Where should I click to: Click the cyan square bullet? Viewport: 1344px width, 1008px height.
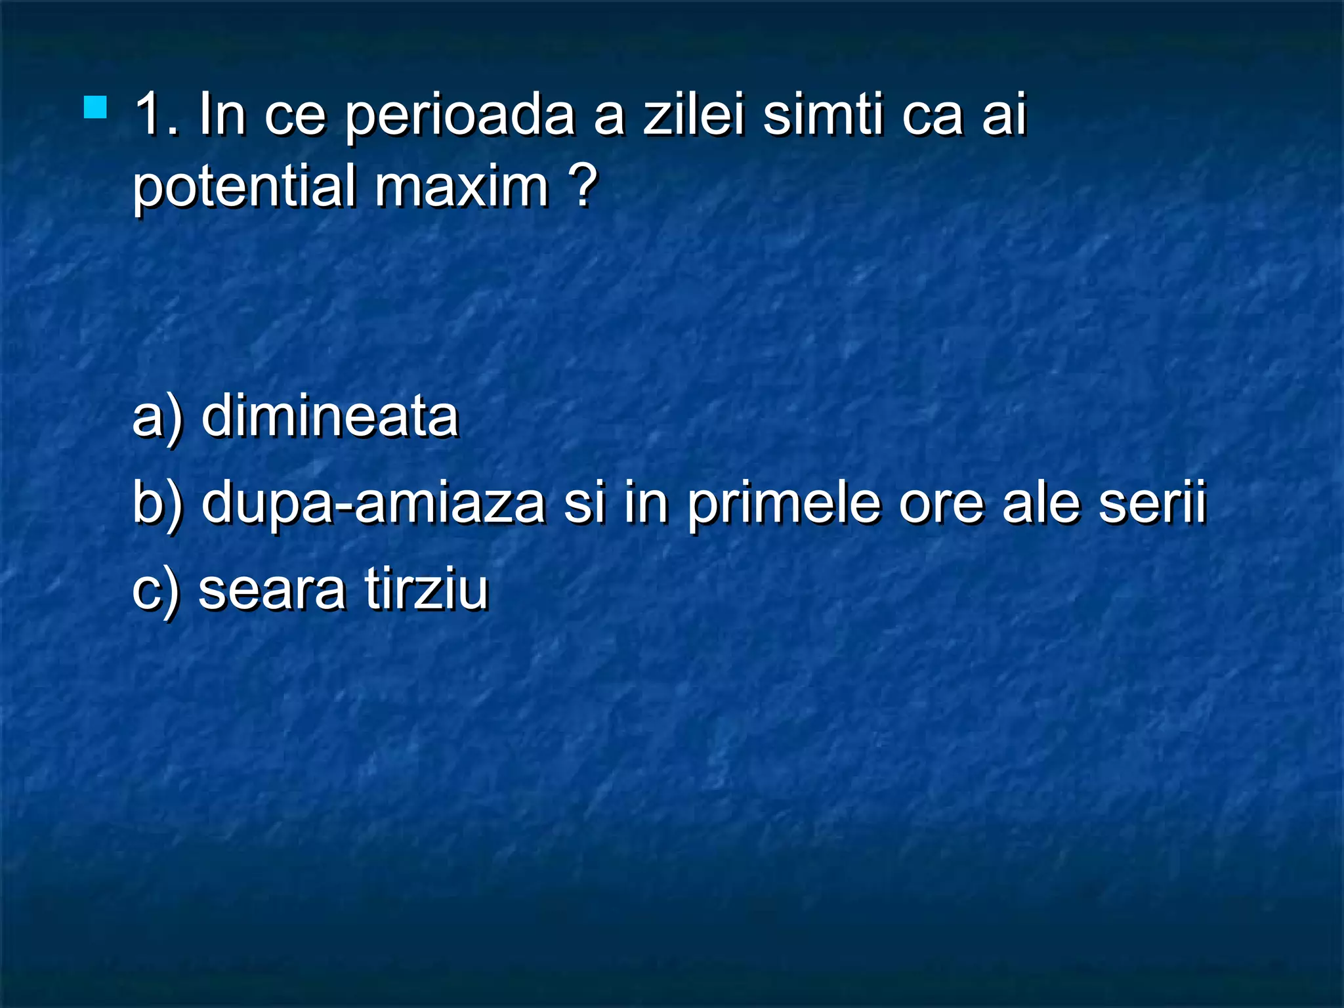(95, 108)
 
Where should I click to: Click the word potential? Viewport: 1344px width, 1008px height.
(242, 188)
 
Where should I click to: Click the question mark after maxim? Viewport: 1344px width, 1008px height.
(583, 185)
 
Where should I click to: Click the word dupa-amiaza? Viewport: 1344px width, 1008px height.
(373, 504)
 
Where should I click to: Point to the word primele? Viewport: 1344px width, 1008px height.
(784, 504)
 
